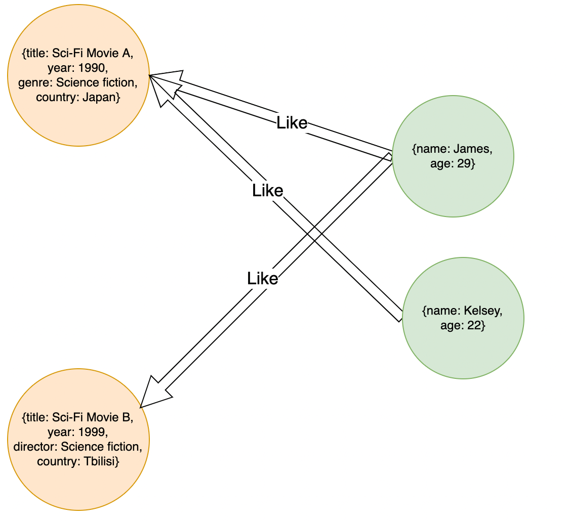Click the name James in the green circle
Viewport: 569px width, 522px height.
click(x=472, y=149)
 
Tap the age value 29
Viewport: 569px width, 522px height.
click(x=466, y=163)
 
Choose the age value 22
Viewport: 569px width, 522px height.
click(x=476, y=326)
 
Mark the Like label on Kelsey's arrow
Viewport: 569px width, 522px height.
click(x=267, y=191)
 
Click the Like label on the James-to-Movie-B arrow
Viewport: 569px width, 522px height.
click(x=263, y=278)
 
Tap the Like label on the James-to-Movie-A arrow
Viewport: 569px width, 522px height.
click(x=292, y=122)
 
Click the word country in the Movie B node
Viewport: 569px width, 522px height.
click(x=55, y=461)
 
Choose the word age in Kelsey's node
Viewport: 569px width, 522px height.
click(x=450, y=326)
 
